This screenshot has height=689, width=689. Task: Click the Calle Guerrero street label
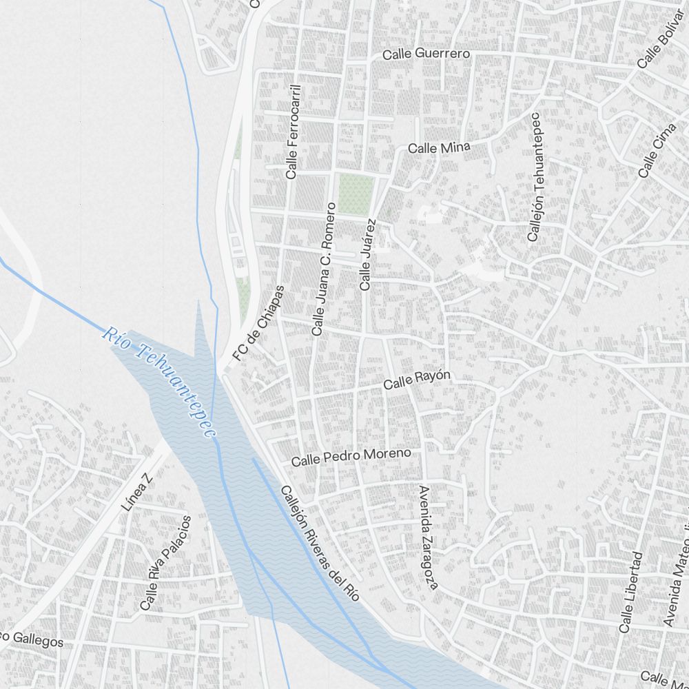[x=426, y=53]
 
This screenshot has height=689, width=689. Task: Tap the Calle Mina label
[x=439, y=147]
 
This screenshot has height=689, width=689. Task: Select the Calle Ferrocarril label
[x=294, y=132]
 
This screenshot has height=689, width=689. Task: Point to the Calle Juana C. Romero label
[x=322, y=269]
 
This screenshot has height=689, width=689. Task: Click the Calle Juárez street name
[x=367, y=254]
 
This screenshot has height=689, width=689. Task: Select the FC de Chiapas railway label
[x=258, y=323]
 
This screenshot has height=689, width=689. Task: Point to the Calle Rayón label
[x=417, y=380]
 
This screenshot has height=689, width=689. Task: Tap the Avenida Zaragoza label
[x=428, y=538]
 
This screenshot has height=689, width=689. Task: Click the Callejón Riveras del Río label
[x=320, y=543]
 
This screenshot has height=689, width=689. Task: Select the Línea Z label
[x=136, y=492]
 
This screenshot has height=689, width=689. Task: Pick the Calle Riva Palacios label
[x=165, y=563]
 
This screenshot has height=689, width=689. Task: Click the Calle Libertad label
[x=630, y=593]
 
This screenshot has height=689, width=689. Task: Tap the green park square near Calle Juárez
[x=356, y=192]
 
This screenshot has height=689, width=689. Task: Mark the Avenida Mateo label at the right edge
[x=677, y=579]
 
